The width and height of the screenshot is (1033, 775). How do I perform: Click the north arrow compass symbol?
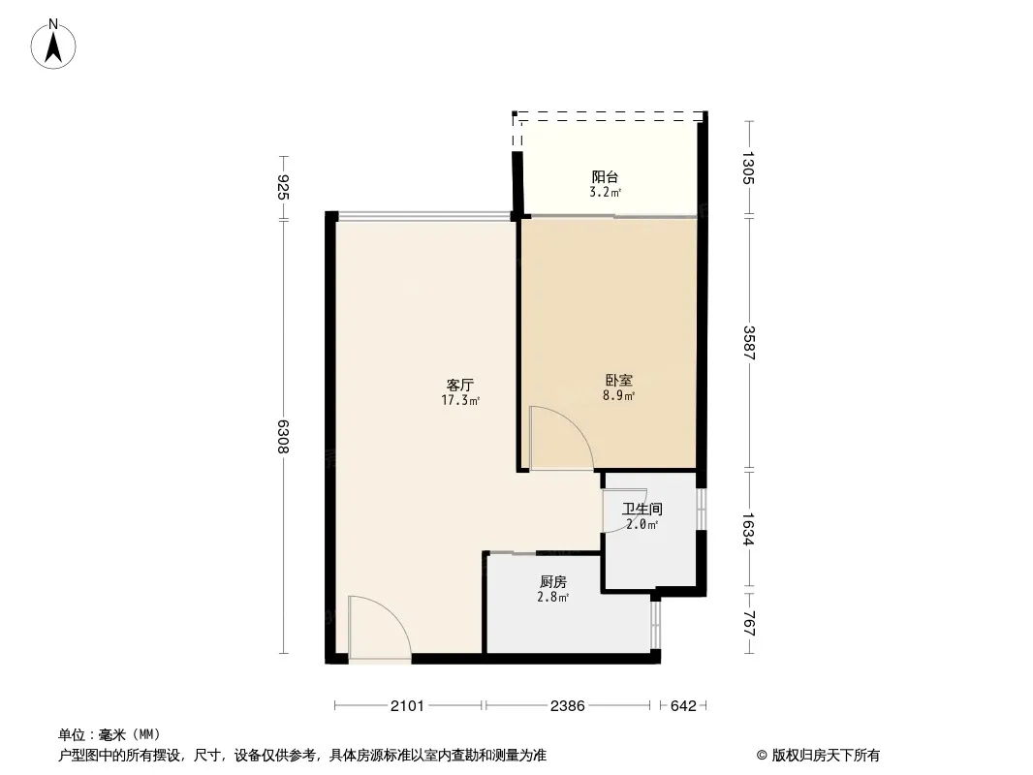53,45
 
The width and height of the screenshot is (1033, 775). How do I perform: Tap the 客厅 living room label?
460,385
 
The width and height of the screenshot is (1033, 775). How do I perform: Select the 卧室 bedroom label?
618,381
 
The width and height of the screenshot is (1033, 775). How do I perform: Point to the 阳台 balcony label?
605,177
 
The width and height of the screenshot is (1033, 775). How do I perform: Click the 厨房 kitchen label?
552,582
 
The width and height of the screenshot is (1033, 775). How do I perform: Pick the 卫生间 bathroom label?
642,509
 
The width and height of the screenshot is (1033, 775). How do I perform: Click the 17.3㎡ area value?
460,400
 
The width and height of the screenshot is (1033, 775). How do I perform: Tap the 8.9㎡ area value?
618,395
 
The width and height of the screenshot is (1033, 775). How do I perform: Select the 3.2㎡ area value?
606,192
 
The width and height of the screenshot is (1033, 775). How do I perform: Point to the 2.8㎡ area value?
553,597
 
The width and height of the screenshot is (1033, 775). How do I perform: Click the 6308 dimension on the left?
283,436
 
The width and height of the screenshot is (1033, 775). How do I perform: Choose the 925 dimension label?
283,188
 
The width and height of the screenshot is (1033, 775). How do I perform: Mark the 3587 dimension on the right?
749,343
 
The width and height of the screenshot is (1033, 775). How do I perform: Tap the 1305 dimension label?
749,168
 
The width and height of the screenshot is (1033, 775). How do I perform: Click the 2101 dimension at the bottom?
407,706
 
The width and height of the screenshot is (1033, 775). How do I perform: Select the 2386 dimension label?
567,706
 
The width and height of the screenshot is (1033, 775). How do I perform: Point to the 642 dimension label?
683,706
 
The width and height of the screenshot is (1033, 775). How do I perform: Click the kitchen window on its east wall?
655,624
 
